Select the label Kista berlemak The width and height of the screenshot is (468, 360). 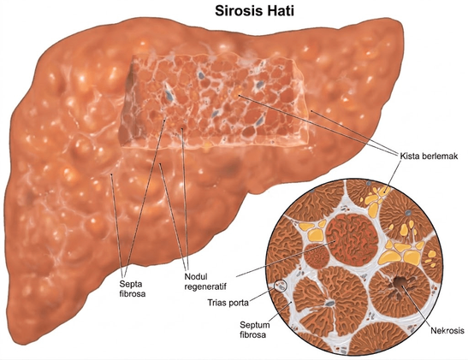(x=429, y=156)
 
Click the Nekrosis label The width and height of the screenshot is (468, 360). (x=447, y=330)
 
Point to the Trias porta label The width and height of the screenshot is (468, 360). (x=228, y=303)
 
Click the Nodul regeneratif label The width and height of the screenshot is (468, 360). (x=205, y=281)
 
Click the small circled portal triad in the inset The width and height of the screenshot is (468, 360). (x=281, y=286)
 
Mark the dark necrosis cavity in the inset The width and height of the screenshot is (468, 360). (x=399, y=282)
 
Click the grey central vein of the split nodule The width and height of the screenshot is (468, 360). (x=329, y=304)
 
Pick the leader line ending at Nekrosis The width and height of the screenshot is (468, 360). (x=418, y=307)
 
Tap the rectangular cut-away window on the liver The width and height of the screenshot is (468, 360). (x=214, y=103)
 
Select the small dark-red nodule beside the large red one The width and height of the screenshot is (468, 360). (x=317, y=256)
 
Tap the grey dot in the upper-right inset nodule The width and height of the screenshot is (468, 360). (x=408, y=213)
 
